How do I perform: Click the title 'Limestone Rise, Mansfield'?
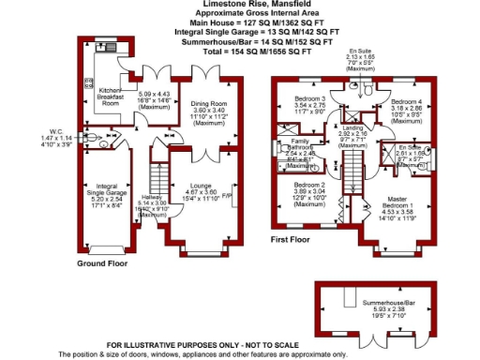(x=240, y=4)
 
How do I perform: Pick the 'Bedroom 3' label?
(x=309, y=98)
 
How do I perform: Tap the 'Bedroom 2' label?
(x=309, y=185)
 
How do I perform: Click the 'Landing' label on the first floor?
(x=352, y=127)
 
